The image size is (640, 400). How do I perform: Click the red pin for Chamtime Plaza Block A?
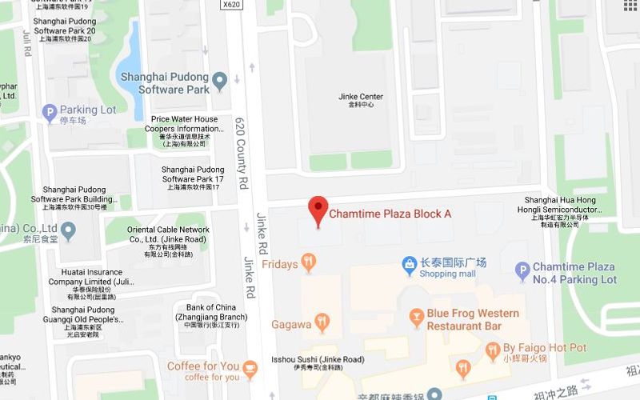tap(318, 210)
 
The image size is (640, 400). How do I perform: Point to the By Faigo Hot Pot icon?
tap(492, 349)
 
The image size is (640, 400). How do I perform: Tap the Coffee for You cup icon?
tap(251, 368)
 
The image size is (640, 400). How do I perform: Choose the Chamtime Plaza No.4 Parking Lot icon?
tap(522, 271)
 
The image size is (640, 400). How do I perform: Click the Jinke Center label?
tap(361, 100)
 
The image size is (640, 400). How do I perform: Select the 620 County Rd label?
tap(242, 151)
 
